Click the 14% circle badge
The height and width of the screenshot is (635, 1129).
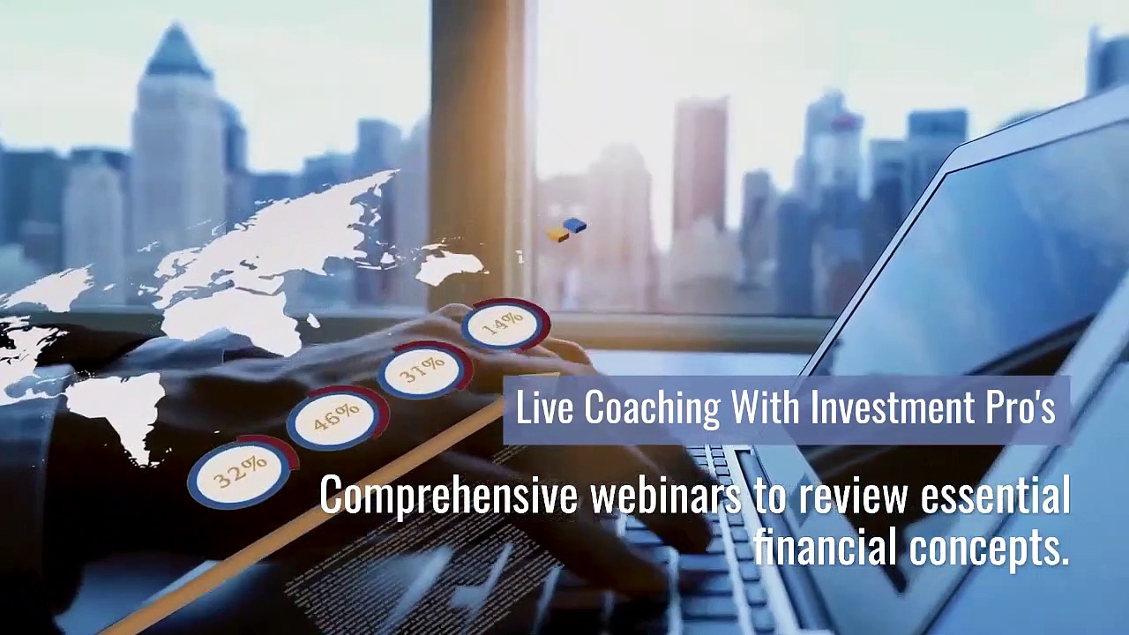point(504,325)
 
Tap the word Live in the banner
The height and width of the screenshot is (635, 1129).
point(544,407)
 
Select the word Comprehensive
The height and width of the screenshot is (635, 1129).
point(448,497)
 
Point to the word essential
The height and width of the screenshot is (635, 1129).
point(995,497)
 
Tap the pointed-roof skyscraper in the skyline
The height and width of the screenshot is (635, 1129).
point(176,141)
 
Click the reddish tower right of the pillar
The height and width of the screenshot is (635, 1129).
point(700,168)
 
